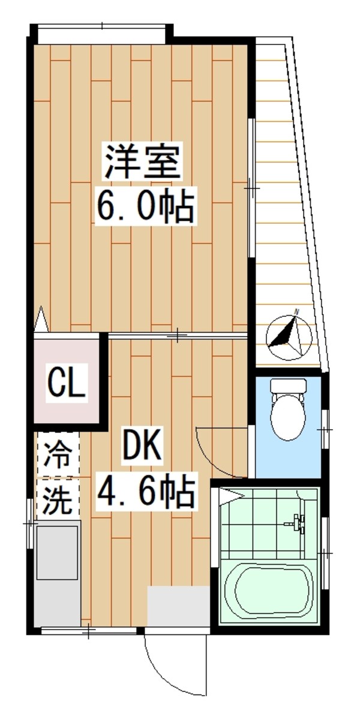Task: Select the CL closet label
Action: [x=67, y=382]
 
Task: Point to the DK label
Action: [x=142, y=447]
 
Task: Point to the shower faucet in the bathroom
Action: [x=298, y=523]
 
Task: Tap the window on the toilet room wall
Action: [x=325, y=430]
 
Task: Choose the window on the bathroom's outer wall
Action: [x=325, y=552]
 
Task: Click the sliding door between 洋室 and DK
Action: [x=177, y=336]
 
